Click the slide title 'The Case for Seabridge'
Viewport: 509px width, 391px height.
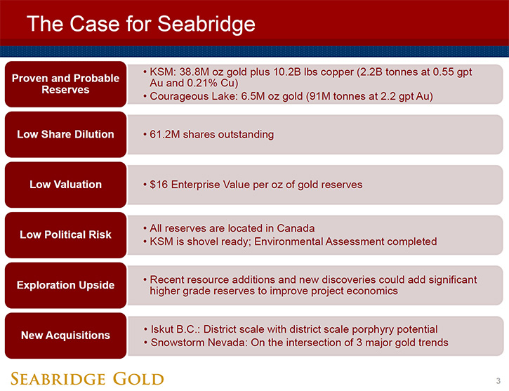point(141,24)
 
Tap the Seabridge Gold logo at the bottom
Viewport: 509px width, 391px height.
point(87,378)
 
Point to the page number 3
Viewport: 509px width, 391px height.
point(498,380)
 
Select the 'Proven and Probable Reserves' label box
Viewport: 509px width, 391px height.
point(65,84)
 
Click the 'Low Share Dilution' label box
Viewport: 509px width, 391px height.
point(65,134)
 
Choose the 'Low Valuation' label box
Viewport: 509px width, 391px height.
point(65,185)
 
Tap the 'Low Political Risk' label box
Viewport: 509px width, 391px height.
point(65,235)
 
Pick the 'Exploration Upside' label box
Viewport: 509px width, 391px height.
point(65,285)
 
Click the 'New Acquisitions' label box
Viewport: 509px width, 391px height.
point(65,336)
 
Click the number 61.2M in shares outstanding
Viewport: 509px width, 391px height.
point(164,134)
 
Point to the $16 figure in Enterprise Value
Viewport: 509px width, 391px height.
point(159,185)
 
